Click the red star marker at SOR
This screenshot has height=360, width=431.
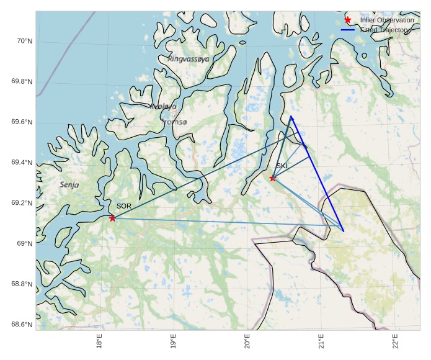tap(112, 218)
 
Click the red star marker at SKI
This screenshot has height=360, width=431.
tap(273, 178)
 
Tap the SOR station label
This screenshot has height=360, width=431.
tap(124, 206)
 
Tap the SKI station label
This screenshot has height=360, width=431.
tap(282, 166)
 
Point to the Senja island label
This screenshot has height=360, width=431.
tap(69, 185)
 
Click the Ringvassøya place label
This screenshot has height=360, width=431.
tap(189, 59)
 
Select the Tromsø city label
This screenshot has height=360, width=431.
tap(174, 122)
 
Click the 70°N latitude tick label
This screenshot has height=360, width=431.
tap(24, 41)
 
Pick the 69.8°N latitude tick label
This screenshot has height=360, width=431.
tap(22, 82)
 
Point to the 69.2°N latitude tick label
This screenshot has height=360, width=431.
tap(22, 204)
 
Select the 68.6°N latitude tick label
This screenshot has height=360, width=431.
tap(22, 325)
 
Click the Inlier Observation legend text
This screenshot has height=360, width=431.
tap(386, 20)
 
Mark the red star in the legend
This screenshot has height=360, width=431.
tap(348, 20)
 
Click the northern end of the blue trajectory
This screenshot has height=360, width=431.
tap(290, 116)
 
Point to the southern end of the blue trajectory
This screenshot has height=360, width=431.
tap(343, 232)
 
